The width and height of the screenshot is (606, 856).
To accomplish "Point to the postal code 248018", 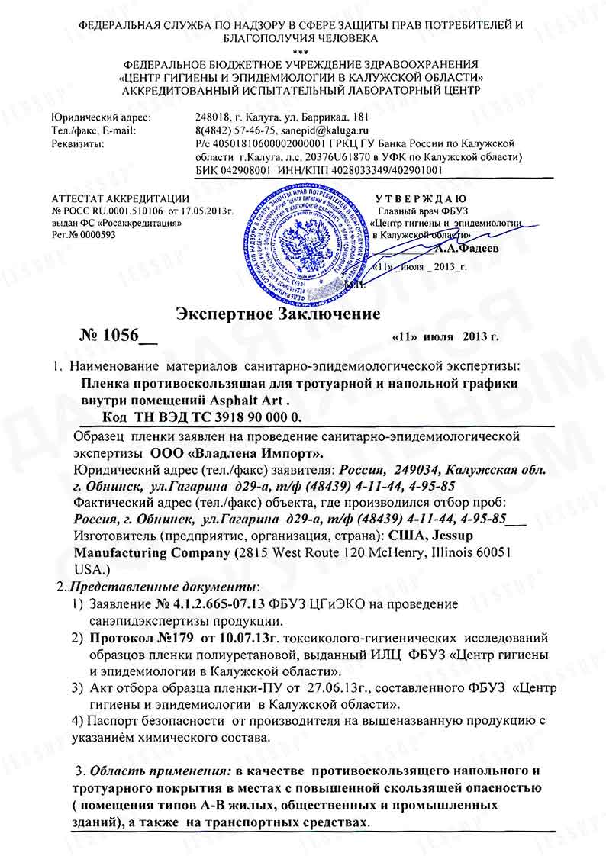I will click(212, 118).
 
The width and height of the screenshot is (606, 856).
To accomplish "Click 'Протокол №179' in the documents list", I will click(132, 635).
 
